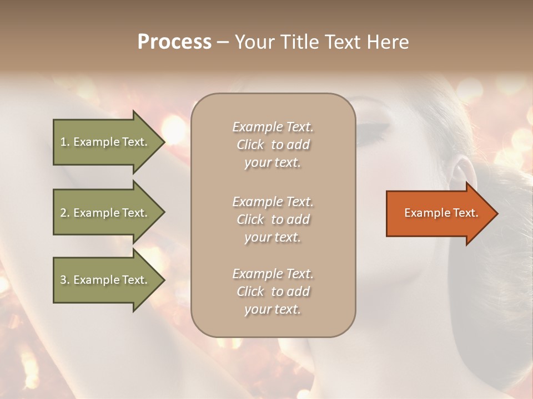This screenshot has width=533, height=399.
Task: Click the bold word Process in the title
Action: click(174, 42)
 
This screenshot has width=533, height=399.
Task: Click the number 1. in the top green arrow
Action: click(65, 142)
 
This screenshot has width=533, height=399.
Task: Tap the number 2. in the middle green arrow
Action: click(65, 213)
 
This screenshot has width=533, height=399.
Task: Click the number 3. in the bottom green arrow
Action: click(65, 280)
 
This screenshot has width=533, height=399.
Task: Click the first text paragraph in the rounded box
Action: click(273, 145)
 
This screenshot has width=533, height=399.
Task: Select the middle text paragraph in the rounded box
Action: click(273, 219)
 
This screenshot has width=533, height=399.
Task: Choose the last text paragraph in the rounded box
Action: click(273, 291)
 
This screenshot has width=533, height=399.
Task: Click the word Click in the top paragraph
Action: click(250, 145)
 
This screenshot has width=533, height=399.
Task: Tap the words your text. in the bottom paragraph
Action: click(273, 309)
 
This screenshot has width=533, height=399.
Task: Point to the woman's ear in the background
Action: click(460, 171)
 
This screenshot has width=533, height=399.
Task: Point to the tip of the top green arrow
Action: click(164, 142)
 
